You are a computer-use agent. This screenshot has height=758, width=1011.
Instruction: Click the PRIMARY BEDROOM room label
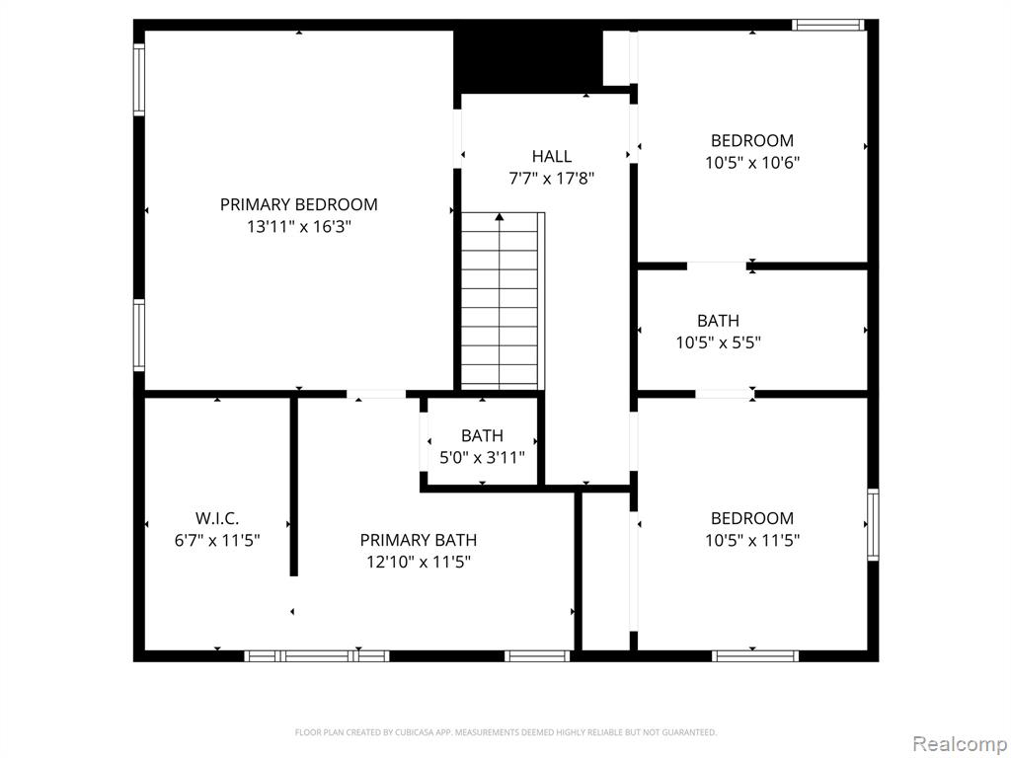tap(298, 204)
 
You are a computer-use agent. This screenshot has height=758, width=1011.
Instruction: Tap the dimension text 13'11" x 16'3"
tap(298, 227)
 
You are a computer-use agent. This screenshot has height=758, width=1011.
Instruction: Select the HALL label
tap(551, 156)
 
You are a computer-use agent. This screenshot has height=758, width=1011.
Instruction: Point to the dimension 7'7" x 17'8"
tap(551, 179)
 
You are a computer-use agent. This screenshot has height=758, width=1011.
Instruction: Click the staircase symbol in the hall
tap(502, 301)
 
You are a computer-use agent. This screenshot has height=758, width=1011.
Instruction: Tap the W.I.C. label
tap(217, 518)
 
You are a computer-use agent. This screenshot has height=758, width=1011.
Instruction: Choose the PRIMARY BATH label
tap(418, 540)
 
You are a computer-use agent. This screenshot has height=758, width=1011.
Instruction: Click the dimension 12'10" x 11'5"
tap(418, 563)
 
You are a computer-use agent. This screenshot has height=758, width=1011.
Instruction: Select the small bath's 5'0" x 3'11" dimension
tap(482, 458)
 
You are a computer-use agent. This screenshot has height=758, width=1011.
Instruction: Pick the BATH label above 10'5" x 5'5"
tap(718, 321)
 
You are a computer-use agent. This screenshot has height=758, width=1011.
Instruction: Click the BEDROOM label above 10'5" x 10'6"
tap(752, 140)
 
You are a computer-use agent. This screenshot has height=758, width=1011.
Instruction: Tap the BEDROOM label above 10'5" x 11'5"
tap(752, 518)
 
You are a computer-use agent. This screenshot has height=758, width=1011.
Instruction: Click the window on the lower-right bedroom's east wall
tap(873, 524)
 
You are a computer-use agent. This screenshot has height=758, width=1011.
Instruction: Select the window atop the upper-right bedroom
tap(828, 25)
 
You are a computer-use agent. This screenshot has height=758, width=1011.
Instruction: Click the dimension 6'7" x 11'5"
tap(217, 541)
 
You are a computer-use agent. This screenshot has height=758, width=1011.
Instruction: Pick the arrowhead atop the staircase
tap(500, 216)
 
